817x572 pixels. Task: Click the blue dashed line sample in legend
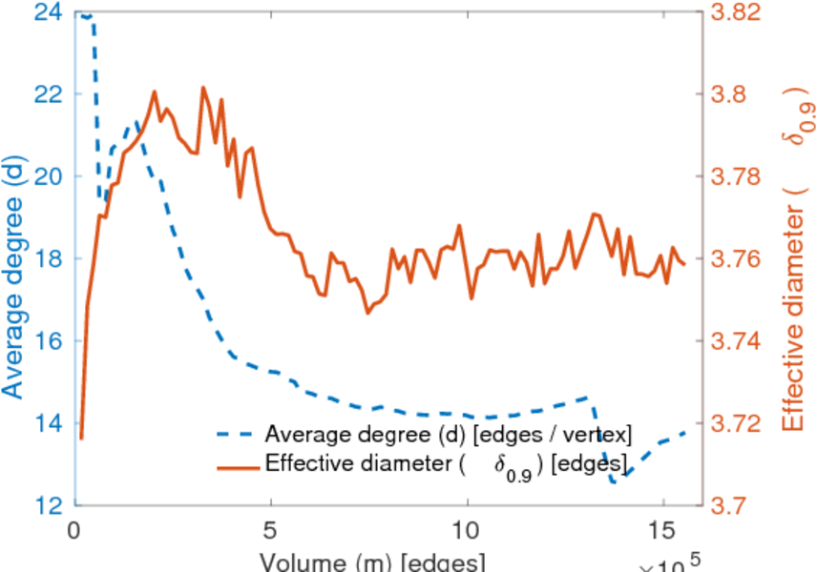point(238,436)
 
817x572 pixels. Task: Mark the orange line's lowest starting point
point(81,439)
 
